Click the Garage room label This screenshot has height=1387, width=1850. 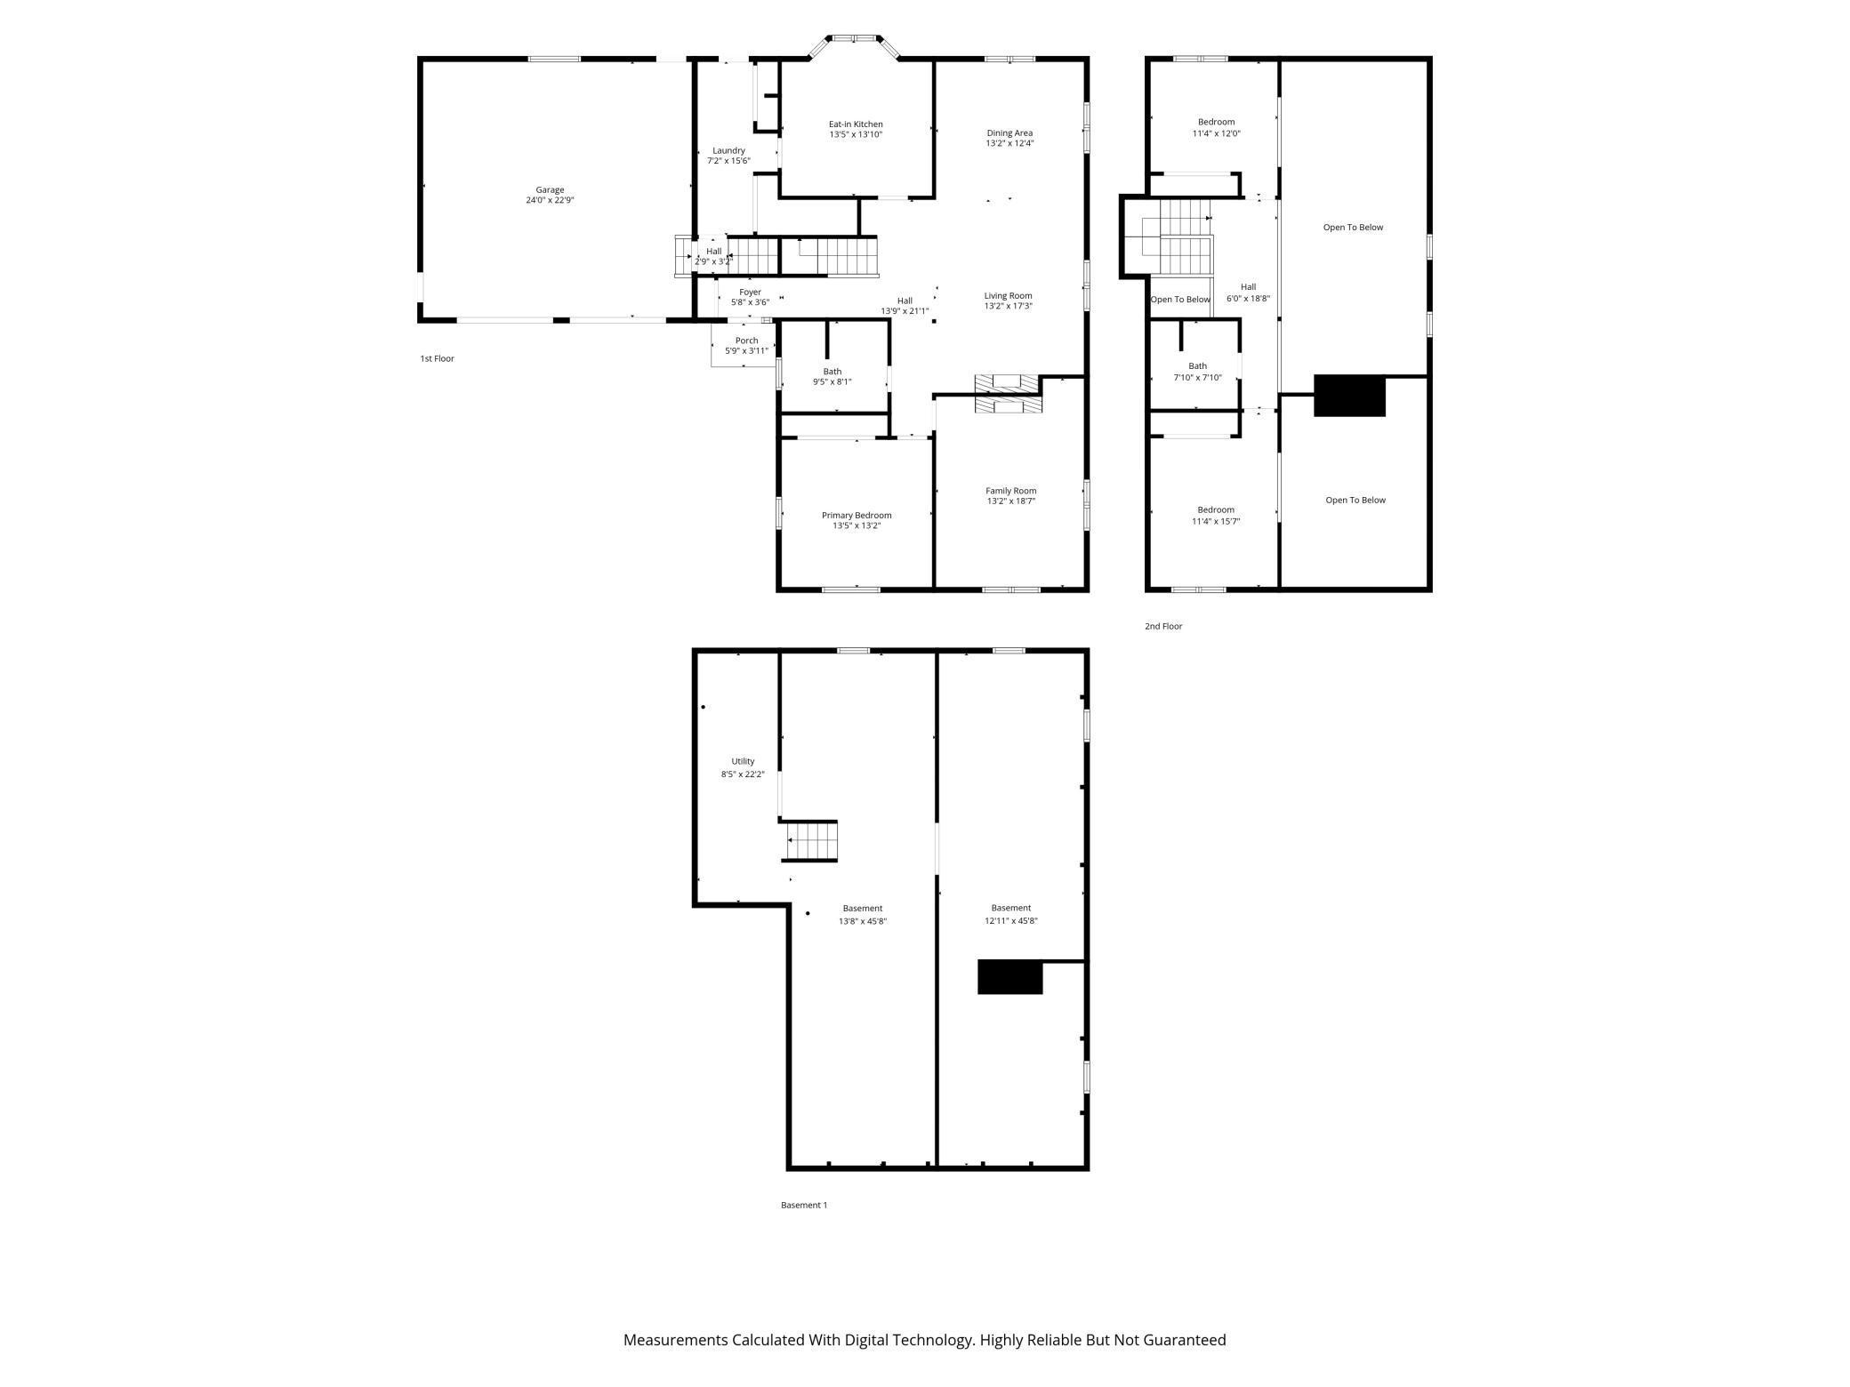550,189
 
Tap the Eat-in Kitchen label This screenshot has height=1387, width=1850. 856,124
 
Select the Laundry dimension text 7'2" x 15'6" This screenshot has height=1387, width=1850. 728,161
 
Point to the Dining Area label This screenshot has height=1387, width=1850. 1009,133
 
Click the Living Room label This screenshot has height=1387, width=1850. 1009,296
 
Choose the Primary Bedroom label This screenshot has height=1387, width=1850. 857,516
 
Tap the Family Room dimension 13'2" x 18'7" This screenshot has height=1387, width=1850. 1011,501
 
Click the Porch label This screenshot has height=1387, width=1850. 747,341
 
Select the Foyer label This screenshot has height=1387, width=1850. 750,292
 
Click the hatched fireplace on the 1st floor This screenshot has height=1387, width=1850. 1007,394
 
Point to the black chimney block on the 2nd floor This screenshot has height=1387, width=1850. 1349,396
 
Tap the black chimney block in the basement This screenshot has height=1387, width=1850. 1009,977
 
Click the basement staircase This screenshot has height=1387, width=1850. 810,841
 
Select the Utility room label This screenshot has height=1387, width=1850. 743,762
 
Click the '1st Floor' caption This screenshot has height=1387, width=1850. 437,359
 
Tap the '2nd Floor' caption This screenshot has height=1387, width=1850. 1163,627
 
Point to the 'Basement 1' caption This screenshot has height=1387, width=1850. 804,1206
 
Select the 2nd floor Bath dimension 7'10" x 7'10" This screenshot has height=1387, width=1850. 1198,378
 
